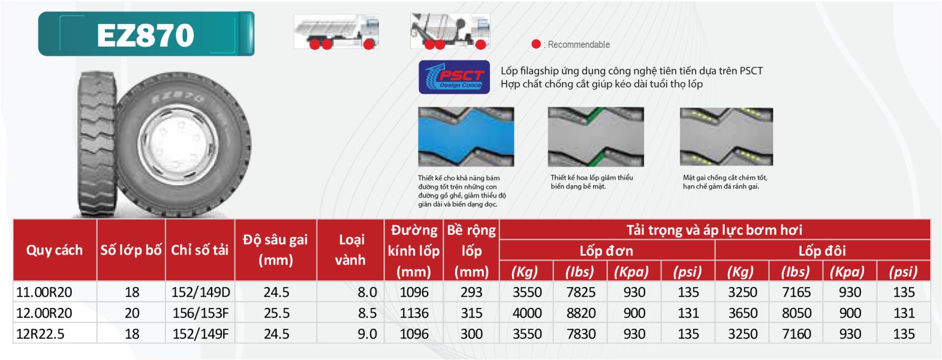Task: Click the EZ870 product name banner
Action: [147, 34]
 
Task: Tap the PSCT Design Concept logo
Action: [454, 77]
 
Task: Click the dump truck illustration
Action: [337, 31]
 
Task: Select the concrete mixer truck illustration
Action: [450, 31]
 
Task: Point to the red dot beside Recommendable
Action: [536, 44]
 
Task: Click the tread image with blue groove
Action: [466, 137]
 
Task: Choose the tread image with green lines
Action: [595, 137]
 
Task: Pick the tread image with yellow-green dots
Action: [726, 137]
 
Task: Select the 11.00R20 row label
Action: [44, 292]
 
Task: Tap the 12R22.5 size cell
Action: [40, 334]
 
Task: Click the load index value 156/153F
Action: [201, 313]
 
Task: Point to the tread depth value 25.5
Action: [277, 313]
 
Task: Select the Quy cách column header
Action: [54, 250]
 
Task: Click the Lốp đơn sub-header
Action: [607, 251]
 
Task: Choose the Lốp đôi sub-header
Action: [822, 251]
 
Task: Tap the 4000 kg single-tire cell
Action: [527, 313]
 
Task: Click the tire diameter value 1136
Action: [414, 313]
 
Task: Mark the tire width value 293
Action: [471, 292]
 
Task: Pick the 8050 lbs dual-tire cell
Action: [797, 313]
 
